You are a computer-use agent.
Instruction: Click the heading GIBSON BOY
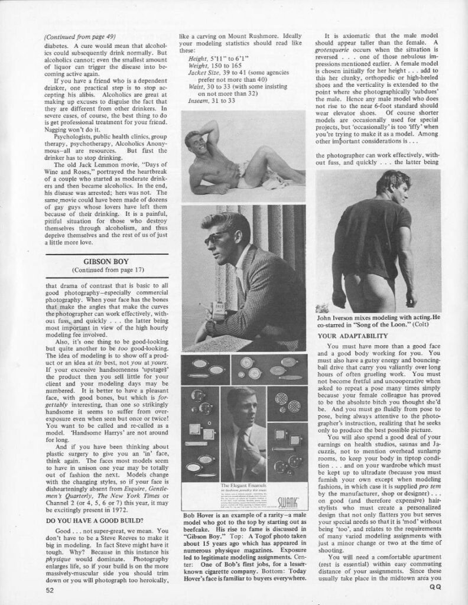pyautogui.click(x=95, y=260)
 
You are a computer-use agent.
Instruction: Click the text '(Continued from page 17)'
pyautogui.click(x=95, y=270)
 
